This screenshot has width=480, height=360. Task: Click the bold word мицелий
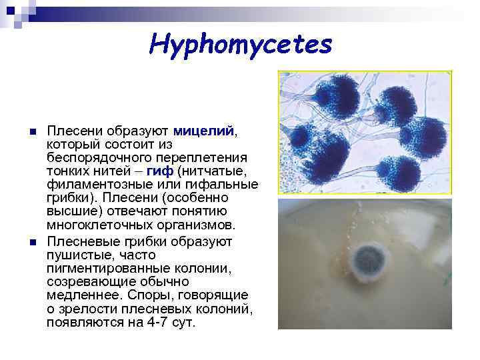(203, 131)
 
